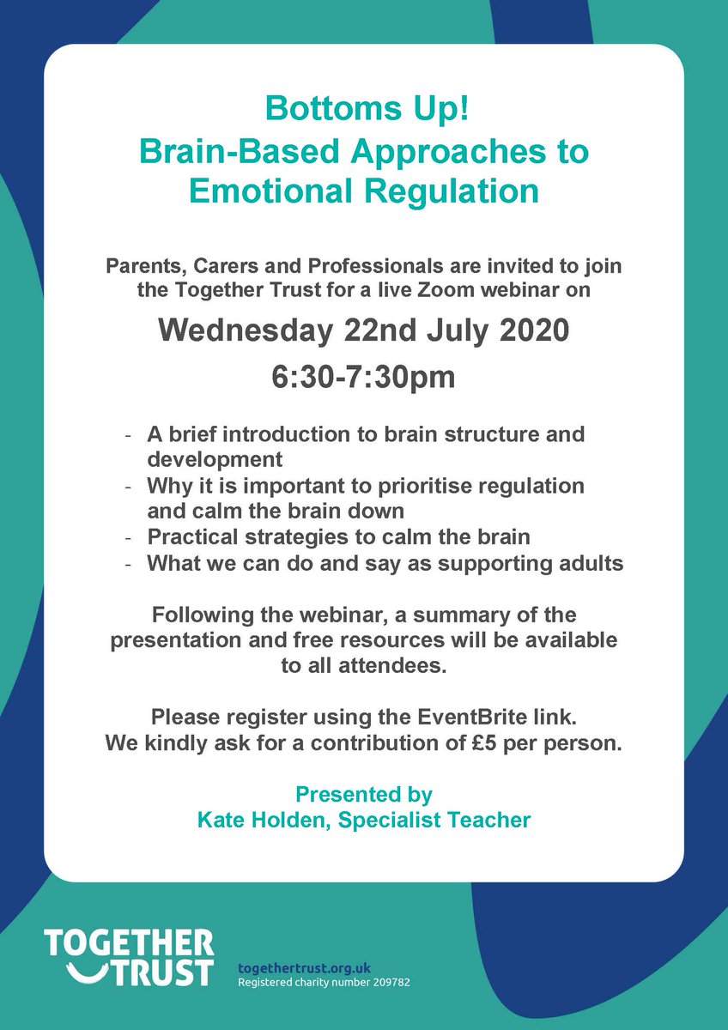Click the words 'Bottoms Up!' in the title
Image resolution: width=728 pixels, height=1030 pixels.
[364, 110]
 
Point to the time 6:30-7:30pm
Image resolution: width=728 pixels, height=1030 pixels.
[364, 377]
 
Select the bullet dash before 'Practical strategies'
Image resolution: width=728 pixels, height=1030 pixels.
[129, 539]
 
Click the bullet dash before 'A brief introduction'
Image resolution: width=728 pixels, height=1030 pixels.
[129, 434]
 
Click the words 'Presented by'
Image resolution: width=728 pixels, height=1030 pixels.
[364, 794]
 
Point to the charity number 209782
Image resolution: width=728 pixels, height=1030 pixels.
[385, 981]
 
